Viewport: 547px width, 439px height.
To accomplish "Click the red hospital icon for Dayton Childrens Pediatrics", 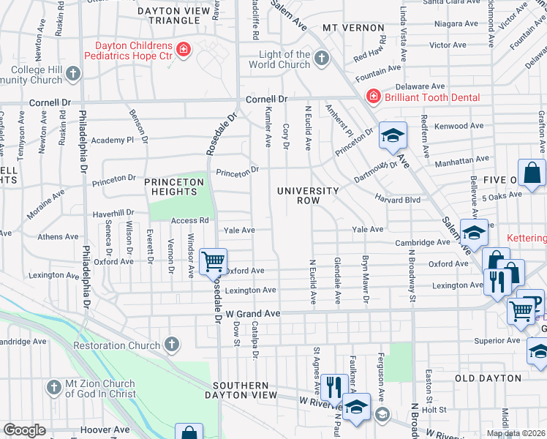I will point(184,50).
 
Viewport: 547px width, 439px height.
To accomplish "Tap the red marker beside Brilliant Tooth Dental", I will point(373,97).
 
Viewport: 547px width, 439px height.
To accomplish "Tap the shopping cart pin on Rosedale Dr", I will point(213,262).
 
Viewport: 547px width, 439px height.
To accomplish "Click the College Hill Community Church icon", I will point(72,73).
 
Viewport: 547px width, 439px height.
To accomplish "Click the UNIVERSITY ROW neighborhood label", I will point(308,196).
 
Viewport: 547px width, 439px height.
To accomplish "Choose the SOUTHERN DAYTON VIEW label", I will point(245,390).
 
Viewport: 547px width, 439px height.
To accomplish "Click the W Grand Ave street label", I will point(253,313).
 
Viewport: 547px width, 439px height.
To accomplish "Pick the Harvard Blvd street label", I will point(398,199).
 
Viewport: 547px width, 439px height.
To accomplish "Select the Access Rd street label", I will point(189,220).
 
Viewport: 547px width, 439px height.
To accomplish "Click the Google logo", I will point(24,430).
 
